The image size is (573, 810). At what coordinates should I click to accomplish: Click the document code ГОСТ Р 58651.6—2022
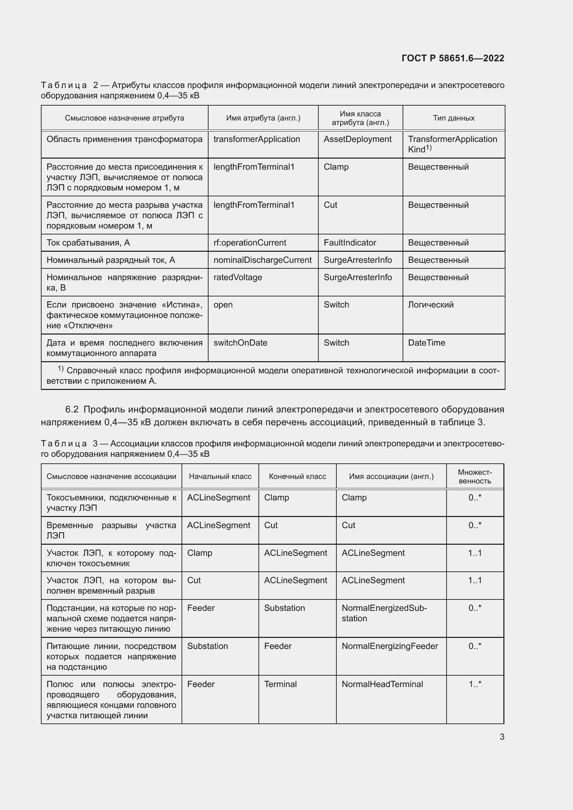(x=453, y=58)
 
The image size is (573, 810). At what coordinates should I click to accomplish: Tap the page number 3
(x=502, y=737)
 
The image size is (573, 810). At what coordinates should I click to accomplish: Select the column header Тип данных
(x=453, y=118)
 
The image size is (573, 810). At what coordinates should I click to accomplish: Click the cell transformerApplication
(x=256, y=139)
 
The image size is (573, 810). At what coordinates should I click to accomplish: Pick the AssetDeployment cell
(x=358, y=139)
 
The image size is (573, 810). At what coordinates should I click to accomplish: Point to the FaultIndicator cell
(x=350, y=243)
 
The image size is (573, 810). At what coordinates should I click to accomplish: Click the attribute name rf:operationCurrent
(x=249, y=243)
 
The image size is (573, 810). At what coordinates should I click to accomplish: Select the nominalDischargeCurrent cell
(x=262, y=260)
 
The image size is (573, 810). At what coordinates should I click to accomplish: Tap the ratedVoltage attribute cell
(x=237, y=277)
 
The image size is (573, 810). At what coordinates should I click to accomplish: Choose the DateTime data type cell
(x=426, y=342)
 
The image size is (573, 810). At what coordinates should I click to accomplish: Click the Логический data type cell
(x=431, y=304)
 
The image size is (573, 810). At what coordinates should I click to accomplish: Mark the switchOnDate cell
(x=240, y=342)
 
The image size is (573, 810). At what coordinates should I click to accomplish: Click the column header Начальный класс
(x=220, y=476)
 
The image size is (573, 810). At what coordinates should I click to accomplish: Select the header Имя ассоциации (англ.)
(x=391, y=476)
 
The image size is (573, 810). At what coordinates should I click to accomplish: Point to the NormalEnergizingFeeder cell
(x=389, y=646)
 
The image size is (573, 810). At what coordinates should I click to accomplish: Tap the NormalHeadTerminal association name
(x=382, y=684)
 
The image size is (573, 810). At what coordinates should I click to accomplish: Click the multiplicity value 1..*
(x=475, y=684)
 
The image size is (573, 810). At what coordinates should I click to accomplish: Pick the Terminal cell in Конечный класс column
(x=280, y=684)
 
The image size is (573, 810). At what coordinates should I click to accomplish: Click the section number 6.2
(x=72, y=409)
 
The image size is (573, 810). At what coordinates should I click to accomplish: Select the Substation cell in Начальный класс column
(x=208, y=646)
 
